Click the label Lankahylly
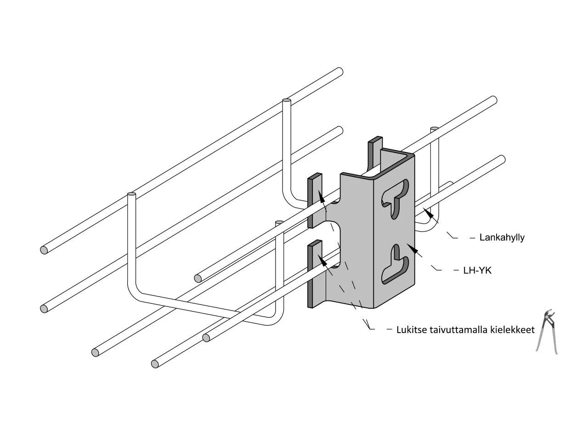click(502, 237)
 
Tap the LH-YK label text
click(477, 271)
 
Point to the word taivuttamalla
click(459, 330)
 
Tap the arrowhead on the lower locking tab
click(322, 260)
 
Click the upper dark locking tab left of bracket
click(315, 200)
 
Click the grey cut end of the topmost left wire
click(44, 250)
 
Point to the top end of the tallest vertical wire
click(286, 101)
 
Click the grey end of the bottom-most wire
click(155, 364)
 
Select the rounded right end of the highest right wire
click(494, 100)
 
